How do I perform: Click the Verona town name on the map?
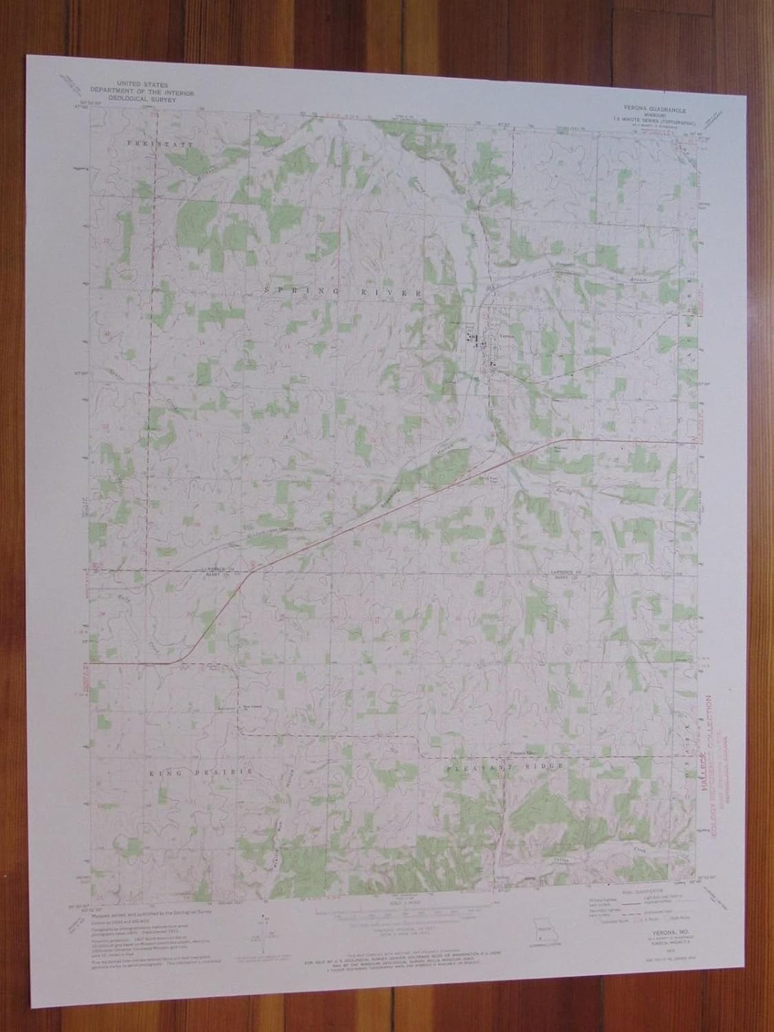506,336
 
